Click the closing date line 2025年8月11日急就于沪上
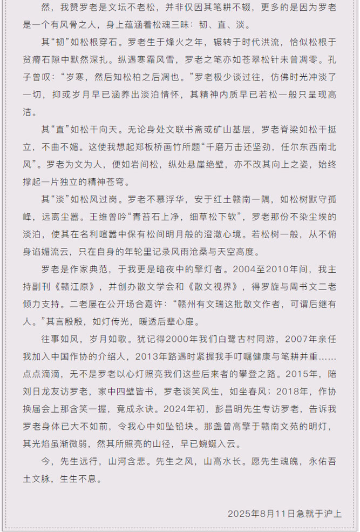pyautogui.click(x=284, y=513)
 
